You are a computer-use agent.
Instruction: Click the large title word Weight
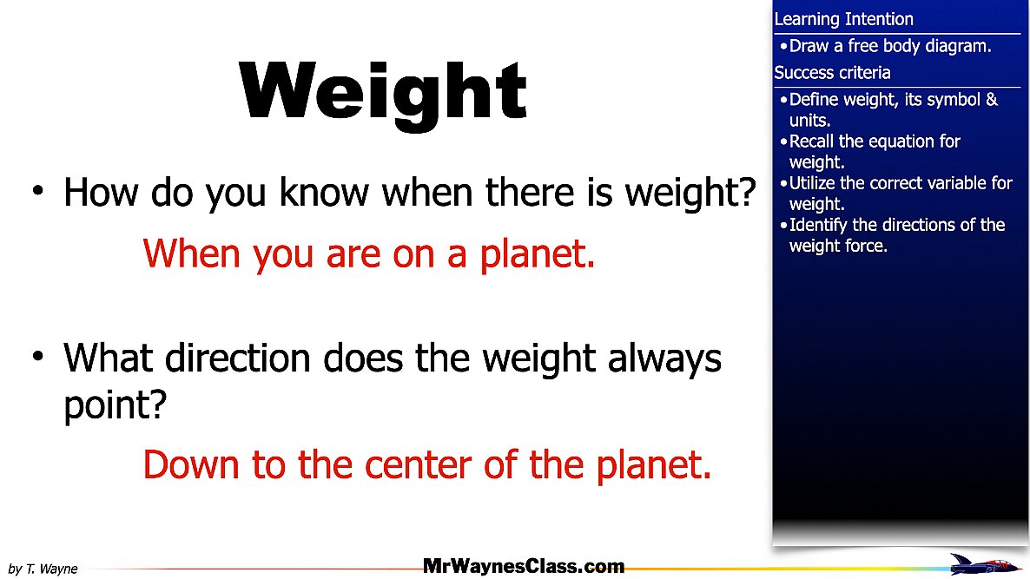(x=382, y=92)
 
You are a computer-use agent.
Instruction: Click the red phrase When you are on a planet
(x=369, y=254)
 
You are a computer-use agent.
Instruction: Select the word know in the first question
(x=324, y=193)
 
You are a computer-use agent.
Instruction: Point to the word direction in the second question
(x=237, y=359)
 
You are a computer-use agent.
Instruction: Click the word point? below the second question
(x=115, y=405)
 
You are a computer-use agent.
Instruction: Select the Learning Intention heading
(x=843, y=20)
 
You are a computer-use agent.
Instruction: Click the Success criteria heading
(x=832, y=73)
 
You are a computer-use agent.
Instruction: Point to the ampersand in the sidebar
(x=991, y=100)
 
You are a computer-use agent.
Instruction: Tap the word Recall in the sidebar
(x=811, y=141)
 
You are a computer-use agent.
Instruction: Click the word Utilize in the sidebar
(x=812, y=183)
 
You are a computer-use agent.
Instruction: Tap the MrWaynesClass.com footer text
(x=524, y=566)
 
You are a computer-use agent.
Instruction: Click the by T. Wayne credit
(x=43, y=569)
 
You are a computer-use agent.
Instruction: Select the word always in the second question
(x=664, y=359)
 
